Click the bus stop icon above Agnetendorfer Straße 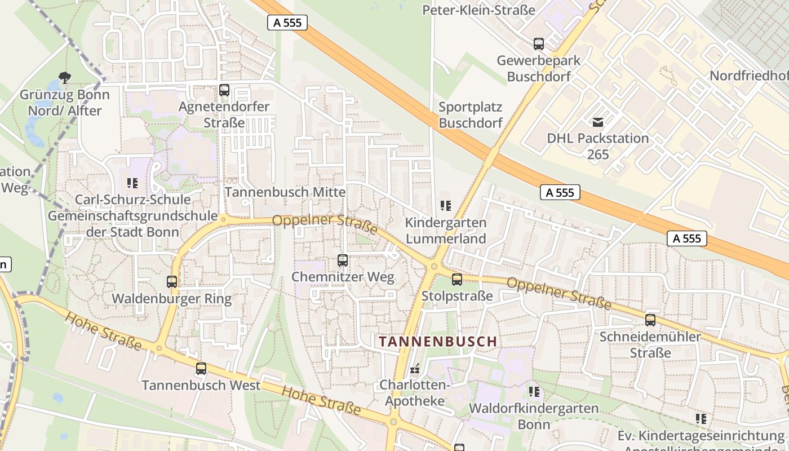(224, 90)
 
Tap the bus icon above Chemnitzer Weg (343, 260)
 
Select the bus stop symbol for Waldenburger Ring (172, 282)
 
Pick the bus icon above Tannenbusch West (201, 369)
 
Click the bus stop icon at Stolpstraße (457, 279)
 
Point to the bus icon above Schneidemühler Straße (650, 320)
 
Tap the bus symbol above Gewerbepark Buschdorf (539, 43)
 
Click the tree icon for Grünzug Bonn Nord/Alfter (65, 78)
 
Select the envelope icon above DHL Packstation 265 (598, 122)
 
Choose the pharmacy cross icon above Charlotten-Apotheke (415, 369)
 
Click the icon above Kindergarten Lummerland (446, 206)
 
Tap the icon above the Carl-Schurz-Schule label (132, 183)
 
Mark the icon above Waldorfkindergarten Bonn (534, 391)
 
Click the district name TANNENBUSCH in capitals (438, 342)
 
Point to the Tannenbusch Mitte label (285, 192)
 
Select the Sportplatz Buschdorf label (470, 114)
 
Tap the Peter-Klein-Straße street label (478, 10)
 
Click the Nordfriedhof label (749, 76)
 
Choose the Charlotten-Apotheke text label (415, 393)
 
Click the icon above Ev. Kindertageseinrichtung (701, 419)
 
